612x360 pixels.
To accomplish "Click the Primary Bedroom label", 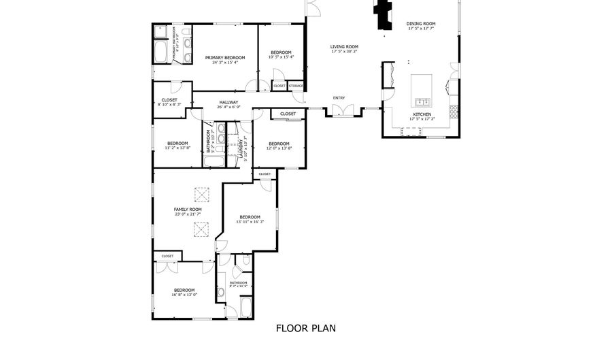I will tap(225, 58).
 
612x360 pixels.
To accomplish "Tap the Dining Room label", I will tap(421, 24).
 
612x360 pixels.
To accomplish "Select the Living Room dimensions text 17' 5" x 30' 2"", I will tap(344, 52).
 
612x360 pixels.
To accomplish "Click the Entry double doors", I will tap(342, 111).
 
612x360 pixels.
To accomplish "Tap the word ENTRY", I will tap(339, 98).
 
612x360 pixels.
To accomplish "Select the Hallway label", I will tap(228, 102).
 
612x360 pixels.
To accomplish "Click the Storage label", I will tap(295, 86).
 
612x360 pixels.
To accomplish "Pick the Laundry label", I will tap(241, 145).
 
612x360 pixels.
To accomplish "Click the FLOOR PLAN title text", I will tap(305, 328).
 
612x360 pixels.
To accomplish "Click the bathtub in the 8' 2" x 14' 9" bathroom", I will tap(245, 308).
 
